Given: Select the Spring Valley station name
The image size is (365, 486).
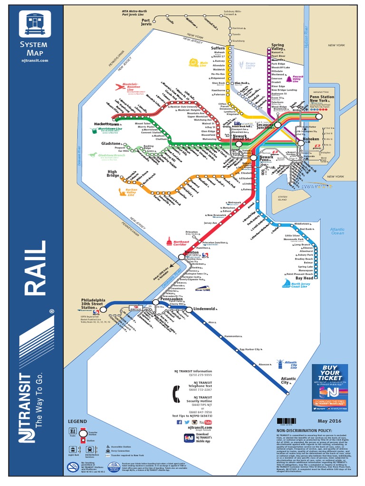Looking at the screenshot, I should point(277,47).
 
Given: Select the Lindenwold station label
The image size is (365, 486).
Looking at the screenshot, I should point(205,309).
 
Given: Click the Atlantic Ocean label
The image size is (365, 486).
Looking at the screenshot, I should point(337,231).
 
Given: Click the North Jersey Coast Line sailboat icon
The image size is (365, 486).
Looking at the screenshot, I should point(287,283).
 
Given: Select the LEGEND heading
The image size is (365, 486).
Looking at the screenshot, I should point(77,421).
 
